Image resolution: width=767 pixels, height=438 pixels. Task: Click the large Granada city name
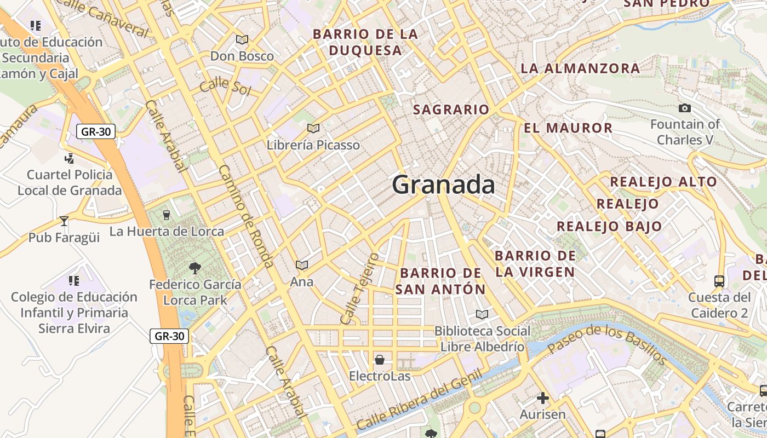pos(443,185)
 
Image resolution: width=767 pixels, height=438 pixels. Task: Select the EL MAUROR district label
pos(568,128)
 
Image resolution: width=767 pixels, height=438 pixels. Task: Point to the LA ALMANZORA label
pos(580,68)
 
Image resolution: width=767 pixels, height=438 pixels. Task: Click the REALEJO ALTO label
pos(663,182)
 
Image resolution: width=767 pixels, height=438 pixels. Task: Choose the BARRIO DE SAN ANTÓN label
pos(440,281)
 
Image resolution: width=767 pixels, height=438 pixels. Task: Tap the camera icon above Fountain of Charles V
pos(684,108)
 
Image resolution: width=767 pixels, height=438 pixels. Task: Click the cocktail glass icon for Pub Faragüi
pos(64,221)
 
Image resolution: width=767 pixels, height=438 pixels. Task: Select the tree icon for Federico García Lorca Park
pos(194,268)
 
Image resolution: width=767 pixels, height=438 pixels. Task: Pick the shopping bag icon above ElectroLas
pos(379,360)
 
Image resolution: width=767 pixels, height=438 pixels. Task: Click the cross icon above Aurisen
pos(542,397)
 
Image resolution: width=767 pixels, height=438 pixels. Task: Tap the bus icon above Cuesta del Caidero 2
pos(719,281)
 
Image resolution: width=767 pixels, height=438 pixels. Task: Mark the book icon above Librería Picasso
pos(313,128)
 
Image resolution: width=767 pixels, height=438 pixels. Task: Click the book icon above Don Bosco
pos(242,39)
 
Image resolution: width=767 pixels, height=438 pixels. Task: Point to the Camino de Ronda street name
pos(246,216)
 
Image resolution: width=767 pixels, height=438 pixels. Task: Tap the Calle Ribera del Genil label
pos(419,400)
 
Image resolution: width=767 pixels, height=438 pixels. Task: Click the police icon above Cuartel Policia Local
pos(70,159)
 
